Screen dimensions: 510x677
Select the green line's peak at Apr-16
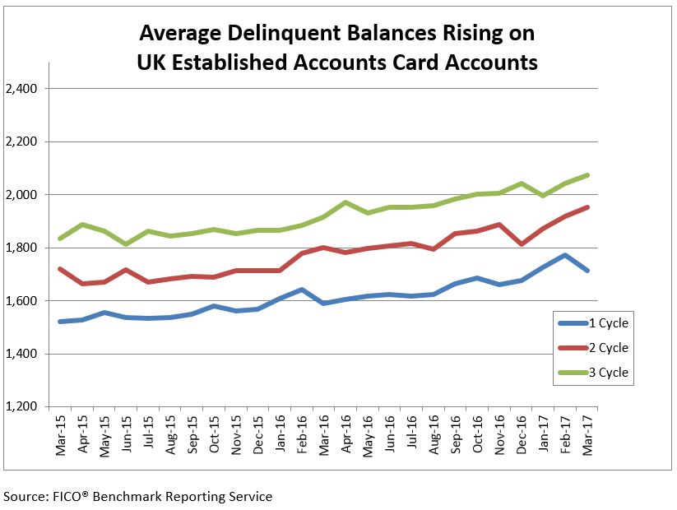(x=345, y=202)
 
